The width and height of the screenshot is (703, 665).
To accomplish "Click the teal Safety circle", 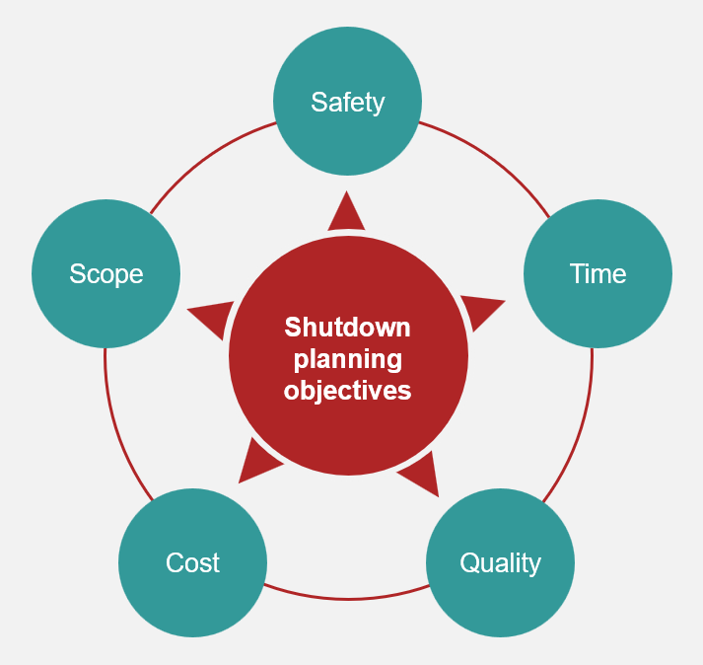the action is [x=347, y=101].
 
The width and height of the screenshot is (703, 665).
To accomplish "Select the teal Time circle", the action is [x=598, y=273].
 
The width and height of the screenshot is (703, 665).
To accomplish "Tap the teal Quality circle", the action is [x=500, y=562].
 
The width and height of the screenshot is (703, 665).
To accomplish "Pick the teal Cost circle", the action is [x=193, y=562].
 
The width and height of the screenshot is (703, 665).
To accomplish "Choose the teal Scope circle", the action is [x=106, y=273].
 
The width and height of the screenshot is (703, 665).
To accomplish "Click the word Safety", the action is [x=348, y=103].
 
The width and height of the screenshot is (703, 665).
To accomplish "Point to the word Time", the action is [x=598, y=273].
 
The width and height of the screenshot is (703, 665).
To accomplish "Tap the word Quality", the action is [x=500, y=563].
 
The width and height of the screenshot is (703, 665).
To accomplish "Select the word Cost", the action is [x=193, y=562].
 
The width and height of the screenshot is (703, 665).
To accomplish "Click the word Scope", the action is [x=106, y=274].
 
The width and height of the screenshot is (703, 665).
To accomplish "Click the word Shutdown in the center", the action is [x=347, y=328].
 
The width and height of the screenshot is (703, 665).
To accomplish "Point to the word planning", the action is [x=348, y=360].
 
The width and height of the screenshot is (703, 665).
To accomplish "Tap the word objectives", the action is [x=347, y=391].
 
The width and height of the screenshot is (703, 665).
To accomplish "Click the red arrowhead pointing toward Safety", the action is [x=346, y=211].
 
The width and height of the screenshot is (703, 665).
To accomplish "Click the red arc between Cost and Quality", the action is [x=346, y=599].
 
